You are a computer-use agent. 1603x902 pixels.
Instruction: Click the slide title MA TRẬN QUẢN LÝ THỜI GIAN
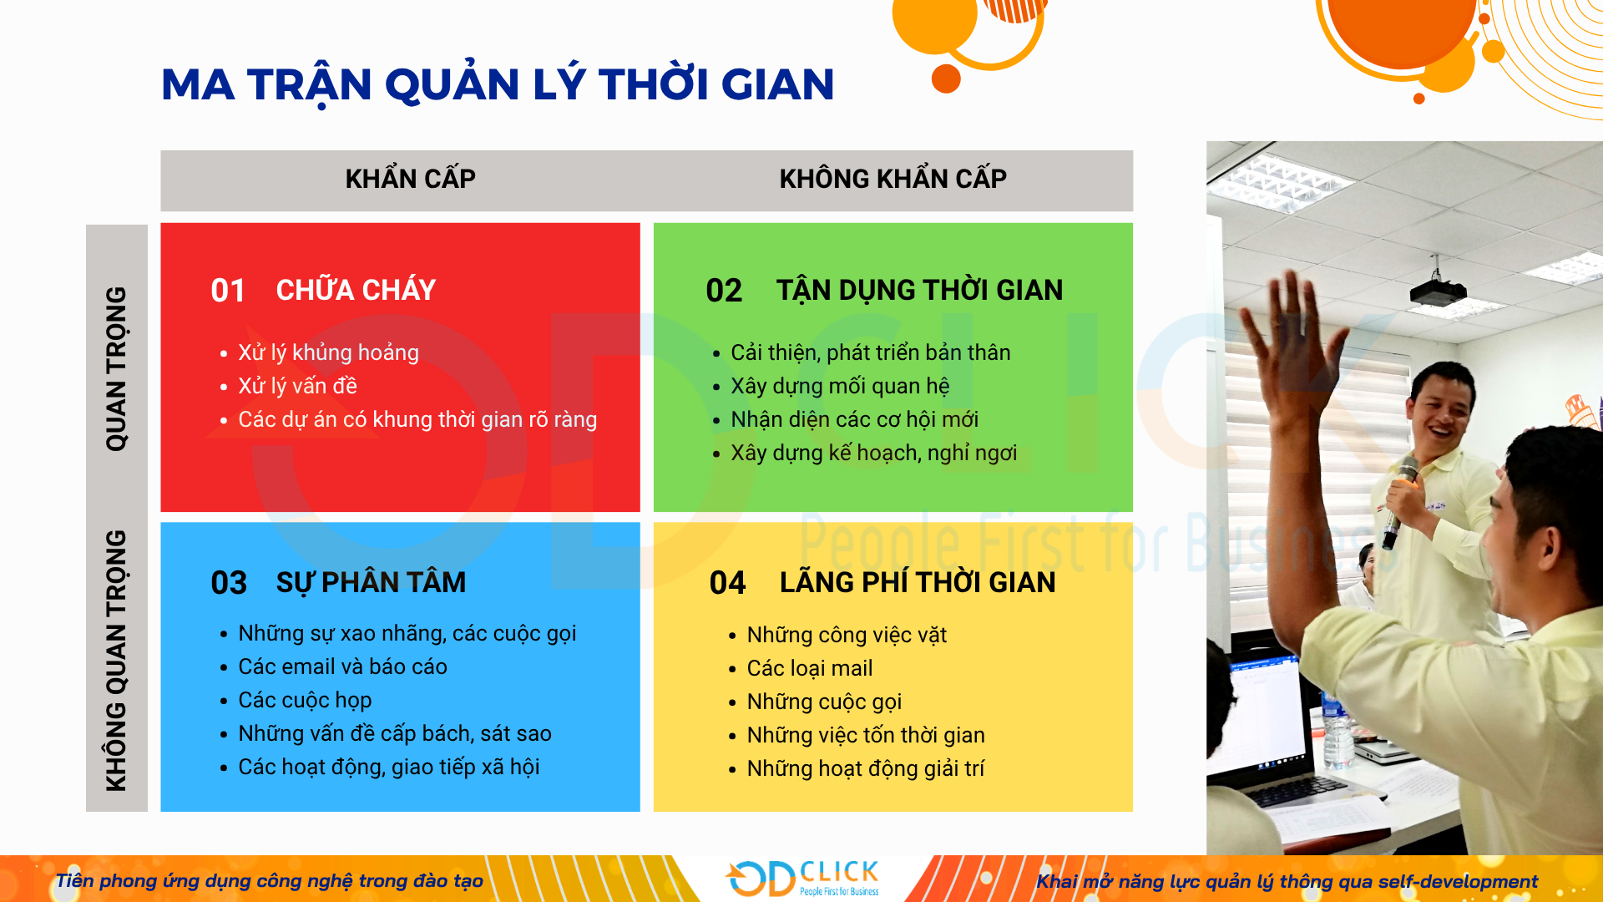498,84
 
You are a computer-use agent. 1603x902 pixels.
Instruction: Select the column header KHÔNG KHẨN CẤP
893,179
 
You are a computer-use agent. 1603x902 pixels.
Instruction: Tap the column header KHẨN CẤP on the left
410,179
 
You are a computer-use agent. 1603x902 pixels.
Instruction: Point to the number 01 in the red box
227,291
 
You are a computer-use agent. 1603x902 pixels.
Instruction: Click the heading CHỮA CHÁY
356,290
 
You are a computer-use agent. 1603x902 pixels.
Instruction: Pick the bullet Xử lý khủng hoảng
328,352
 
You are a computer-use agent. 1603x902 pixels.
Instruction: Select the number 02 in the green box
723,291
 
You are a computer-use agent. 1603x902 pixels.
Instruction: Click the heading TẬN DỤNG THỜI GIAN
919,290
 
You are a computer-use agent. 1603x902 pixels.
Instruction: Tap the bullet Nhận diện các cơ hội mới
854,419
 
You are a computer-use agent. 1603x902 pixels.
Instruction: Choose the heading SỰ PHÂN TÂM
371,582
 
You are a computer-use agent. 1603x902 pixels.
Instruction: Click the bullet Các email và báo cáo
342,666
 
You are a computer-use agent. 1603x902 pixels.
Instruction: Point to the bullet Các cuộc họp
305,700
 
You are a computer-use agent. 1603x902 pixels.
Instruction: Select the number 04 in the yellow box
727,583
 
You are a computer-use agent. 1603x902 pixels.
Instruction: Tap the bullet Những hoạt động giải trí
865,768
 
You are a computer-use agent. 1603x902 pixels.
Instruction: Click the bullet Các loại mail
809,668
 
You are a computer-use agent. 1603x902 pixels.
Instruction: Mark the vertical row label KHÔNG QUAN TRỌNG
116,660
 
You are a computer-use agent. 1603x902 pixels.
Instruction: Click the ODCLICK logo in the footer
802,879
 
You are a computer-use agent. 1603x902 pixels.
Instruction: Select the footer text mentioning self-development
1286,881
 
